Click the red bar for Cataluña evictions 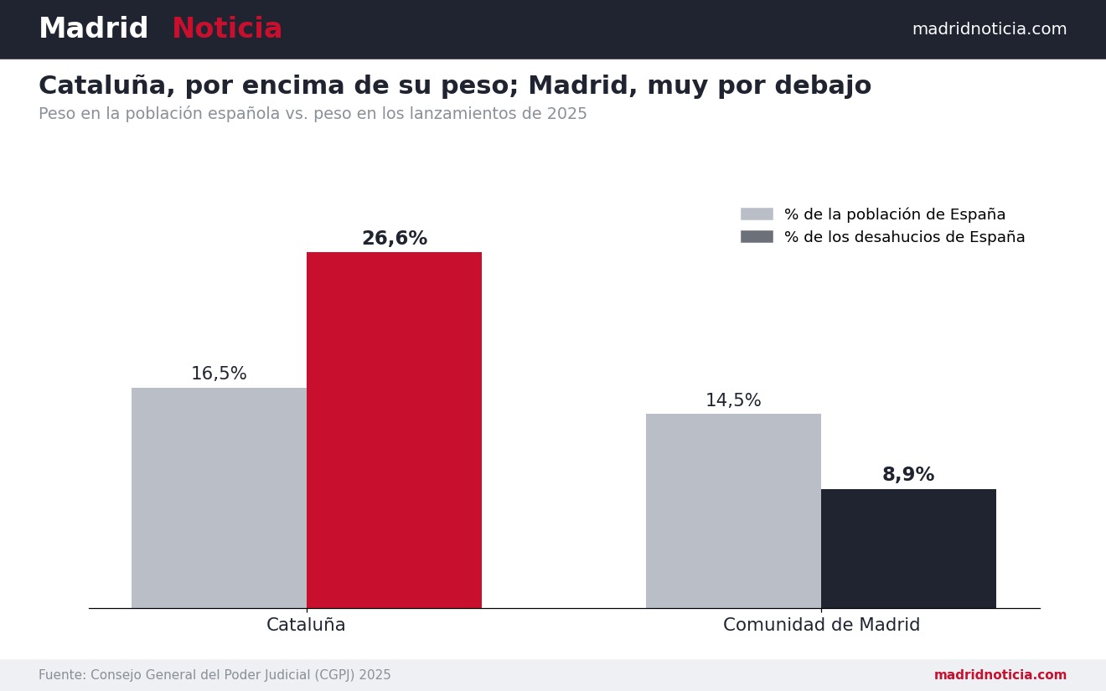394,430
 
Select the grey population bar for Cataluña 219,498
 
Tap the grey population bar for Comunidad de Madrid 733,511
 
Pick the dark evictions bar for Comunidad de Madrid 908,549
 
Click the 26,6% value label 395,238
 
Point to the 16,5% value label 219,374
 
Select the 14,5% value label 733,400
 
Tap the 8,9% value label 908,474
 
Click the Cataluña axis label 306,624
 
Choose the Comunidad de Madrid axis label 822,624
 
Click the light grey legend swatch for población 757,214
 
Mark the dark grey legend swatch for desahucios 757,237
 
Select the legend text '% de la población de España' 895,214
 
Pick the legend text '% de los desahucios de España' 905,237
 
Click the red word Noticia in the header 227,28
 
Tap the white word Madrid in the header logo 93,28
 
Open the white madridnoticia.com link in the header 990,29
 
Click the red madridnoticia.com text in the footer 1000,675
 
